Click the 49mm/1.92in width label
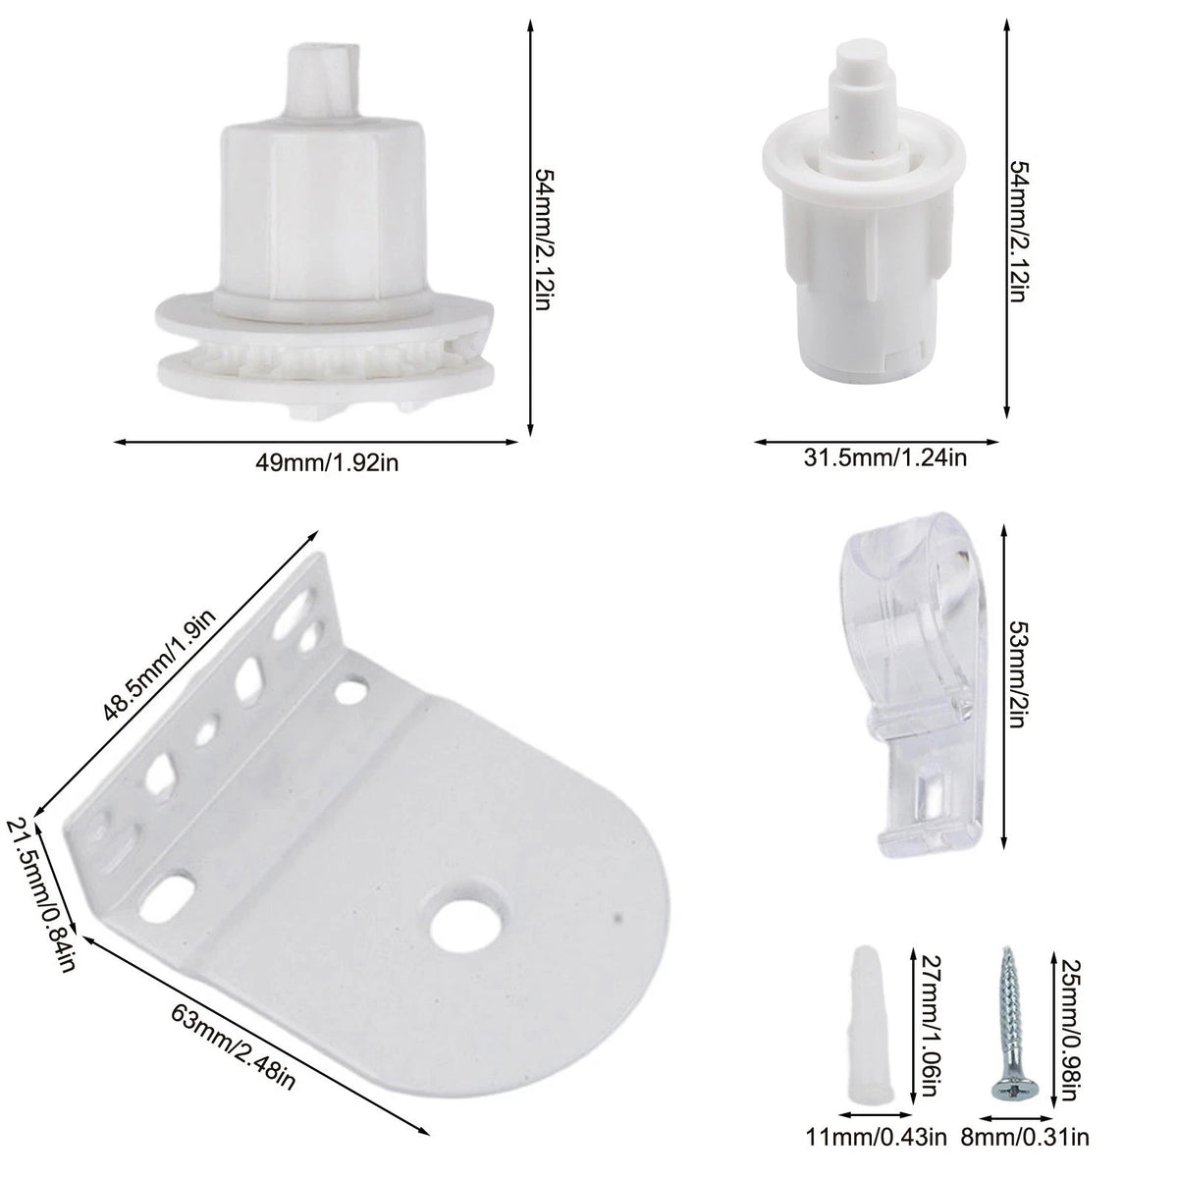(327, 462)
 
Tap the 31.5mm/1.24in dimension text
(885, 457)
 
